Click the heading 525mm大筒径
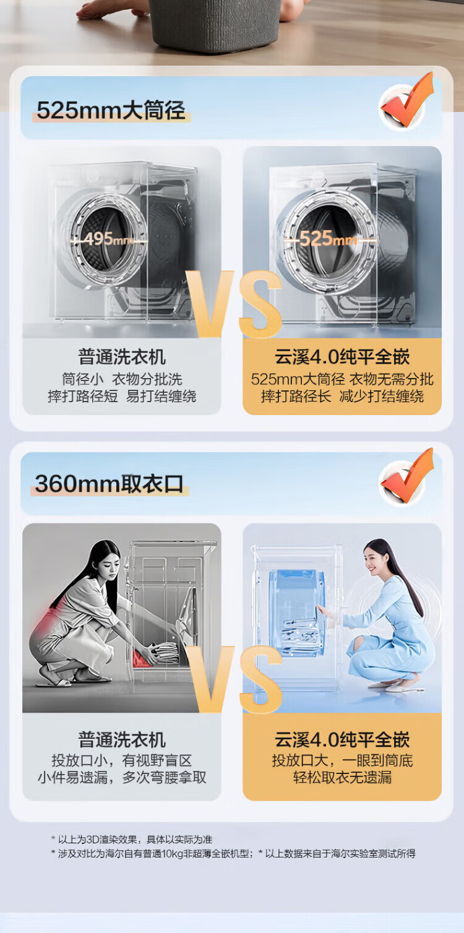[111, 110]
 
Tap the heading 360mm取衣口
[109, 484]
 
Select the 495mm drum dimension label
[108, 239]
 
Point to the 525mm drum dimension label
[328, 239]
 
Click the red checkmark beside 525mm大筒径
[407, 101]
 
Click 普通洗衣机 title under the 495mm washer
[122, 357]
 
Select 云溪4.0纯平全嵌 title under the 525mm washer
[342, 357]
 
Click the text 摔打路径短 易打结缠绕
[122, 396]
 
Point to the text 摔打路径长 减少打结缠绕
[342, 396]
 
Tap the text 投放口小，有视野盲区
[122, 760]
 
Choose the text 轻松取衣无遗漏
[342, 777]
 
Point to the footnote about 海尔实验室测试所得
[337, 853]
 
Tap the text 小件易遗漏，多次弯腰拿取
[122, 777]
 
